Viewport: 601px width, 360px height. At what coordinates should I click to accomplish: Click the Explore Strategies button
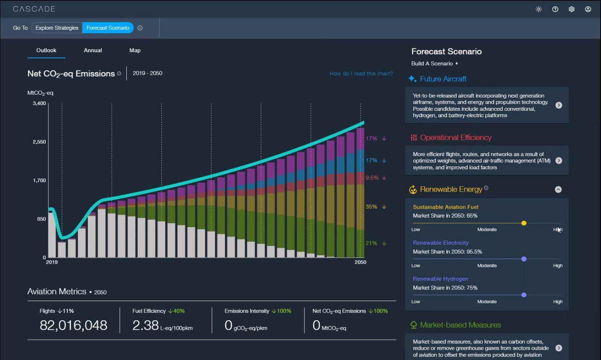[x=57, y=28]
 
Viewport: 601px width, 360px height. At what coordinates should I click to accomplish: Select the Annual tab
[x=93, y=50]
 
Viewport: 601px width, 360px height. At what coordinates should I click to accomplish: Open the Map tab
[x=135, y=50]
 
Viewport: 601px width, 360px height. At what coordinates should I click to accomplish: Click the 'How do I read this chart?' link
[x=361, y=74]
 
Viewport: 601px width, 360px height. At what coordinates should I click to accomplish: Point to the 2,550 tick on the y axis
[x=39, y=142]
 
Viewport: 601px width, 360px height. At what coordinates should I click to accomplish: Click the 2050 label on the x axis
[x=360, y=262]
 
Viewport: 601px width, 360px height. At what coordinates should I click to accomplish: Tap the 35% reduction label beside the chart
[x=372, y=207]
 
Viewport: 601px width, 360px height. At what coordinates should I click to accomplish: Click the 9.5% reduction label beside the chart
[x=372, y=178]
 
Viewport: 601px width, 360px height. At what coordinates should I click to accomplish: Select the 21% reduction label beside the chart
[x=372, y=243]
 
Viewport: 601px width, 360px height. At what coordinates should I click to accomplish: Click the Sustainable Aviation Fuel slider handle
[x=524, y=223]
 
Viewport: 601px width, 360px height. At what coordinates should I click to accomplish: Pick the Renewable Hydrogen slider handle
[x=524, y=295]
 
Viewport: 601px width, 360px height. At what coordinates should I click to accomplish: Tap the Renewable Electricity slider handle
[x=524, y=259]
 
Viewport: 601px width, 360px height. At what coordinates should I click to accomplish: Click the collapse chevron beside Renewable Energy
[x=558, y=189]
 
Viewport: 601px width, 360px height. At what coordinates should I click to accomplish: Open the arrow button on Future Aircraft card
[x=559, y=105]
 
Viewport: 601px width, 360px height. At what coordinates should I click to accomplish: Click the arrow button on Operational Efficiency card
[x=559, y=161]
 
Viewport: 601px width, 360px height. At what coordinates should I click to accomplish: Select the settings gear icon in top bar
[x=572, y=9]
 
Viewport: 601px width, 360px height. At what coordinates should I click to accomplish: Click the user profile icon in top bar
[x=588, y=9]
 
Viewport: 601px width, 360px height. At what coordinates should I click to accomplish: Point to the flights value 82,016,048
[x=73, y=325]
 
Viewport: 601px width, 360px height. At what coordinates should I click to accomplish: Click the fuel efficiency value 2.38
[x=145, y=325]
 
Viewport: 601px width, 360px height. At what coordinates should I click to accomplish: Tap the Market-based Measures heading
[x=460, y=325]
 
